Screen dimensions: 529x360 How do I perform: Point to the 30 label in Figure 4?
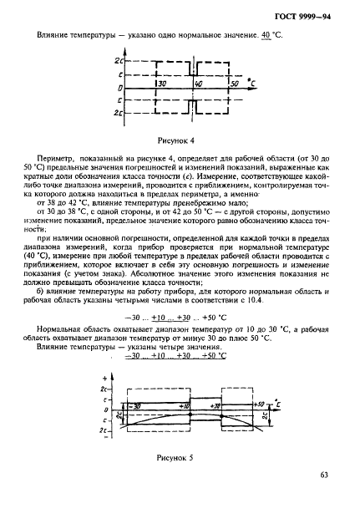(x=160, y=84)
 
